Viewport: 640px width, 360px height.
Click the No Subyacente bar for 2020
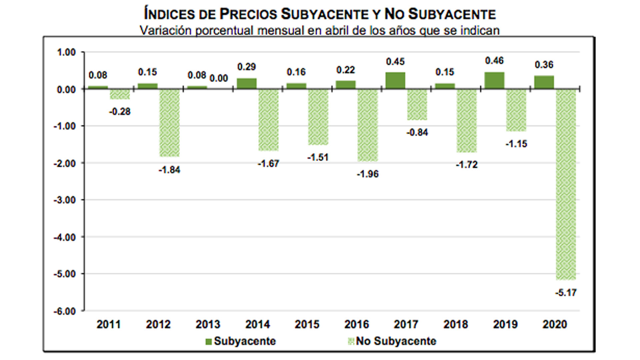click(566, 184)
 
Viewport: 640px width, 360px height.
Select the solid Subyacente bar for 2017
click(395, 81)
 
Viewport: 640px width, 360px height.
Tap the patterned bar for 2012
click(169, 123)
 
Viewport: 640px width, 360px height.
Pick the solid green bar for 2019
click(494, 81)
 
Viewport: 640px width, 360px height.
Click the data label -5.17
click(566, 293)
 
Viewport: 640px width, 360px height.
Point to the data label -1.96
click(368, 174)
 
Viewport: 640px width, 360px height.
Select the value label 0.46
click(494, 61)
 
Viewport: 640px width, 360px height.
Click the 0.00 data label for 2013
click(219, 78)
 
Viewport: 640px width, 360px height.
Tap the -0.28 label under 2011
click(120, 112)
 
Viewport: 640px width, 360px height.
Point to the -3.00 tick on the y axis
click(65, 200)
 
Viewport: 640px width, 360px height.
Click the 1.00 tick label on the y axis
click(66, 52)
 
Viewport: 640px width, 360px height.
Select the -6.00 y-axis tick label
click(65, 311)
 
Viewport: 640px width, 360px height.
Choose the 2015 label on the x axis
click(307, 324)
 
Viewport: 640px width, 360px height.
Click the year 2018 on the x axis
click(456, 324)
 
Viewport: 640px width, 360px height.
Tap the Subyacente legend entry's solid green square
click(209, 342)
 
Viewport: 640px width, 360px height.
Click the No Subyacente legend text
click(396, 341)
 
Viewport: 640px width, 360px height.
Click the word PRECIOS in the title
click(248, 14)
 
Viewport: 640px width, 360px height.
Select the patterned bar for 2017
click(417, 105)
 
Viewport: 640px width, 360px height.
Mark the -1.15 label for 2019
click(516, 144)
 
